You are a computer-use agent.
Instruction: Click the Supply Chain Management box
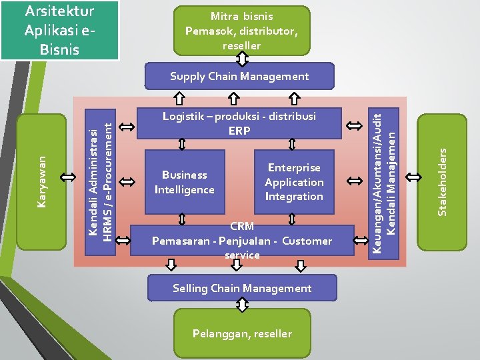[239, 76]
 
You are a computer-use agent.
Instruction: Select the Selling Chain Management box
[242, 288]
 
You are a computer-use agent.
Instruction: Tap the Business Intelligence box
[185, 182]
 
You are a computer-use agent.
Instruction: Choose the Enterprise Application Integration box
[294, 182]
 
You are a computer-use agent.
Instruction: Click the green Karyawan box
[41, 182]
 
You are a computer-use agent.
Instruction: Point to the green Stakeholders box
[442, 183]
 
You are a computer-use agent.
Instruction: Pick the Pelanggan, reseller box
[242, 333]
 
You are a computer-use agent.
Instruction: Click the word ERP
[239, 131]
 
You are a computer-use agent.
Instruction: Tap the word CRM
[242, 226]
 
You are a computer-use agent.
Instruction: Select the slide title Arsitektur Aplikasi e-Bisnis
[60, 30]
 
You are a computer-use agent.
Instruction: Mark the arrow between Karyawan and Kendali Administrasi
[68, 177]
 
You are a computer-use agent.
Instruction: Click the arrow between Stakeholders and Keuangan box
[413, 177]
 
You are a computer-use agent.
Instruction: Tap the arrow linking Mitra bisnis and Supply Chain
[242, 59]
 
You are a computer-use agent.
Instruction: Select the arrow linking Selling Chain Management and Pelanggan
[242, 305]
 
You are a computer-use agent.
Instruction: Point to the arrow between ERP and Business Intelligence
[182, 144]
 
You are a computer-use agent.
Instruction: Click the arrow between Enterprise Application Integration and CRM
[292, 219]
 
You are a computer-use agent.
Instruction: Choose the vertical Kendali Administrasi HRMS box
[100, 182]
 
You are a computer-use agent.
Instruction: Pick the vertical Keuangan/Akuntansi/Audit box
[383, 184]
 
